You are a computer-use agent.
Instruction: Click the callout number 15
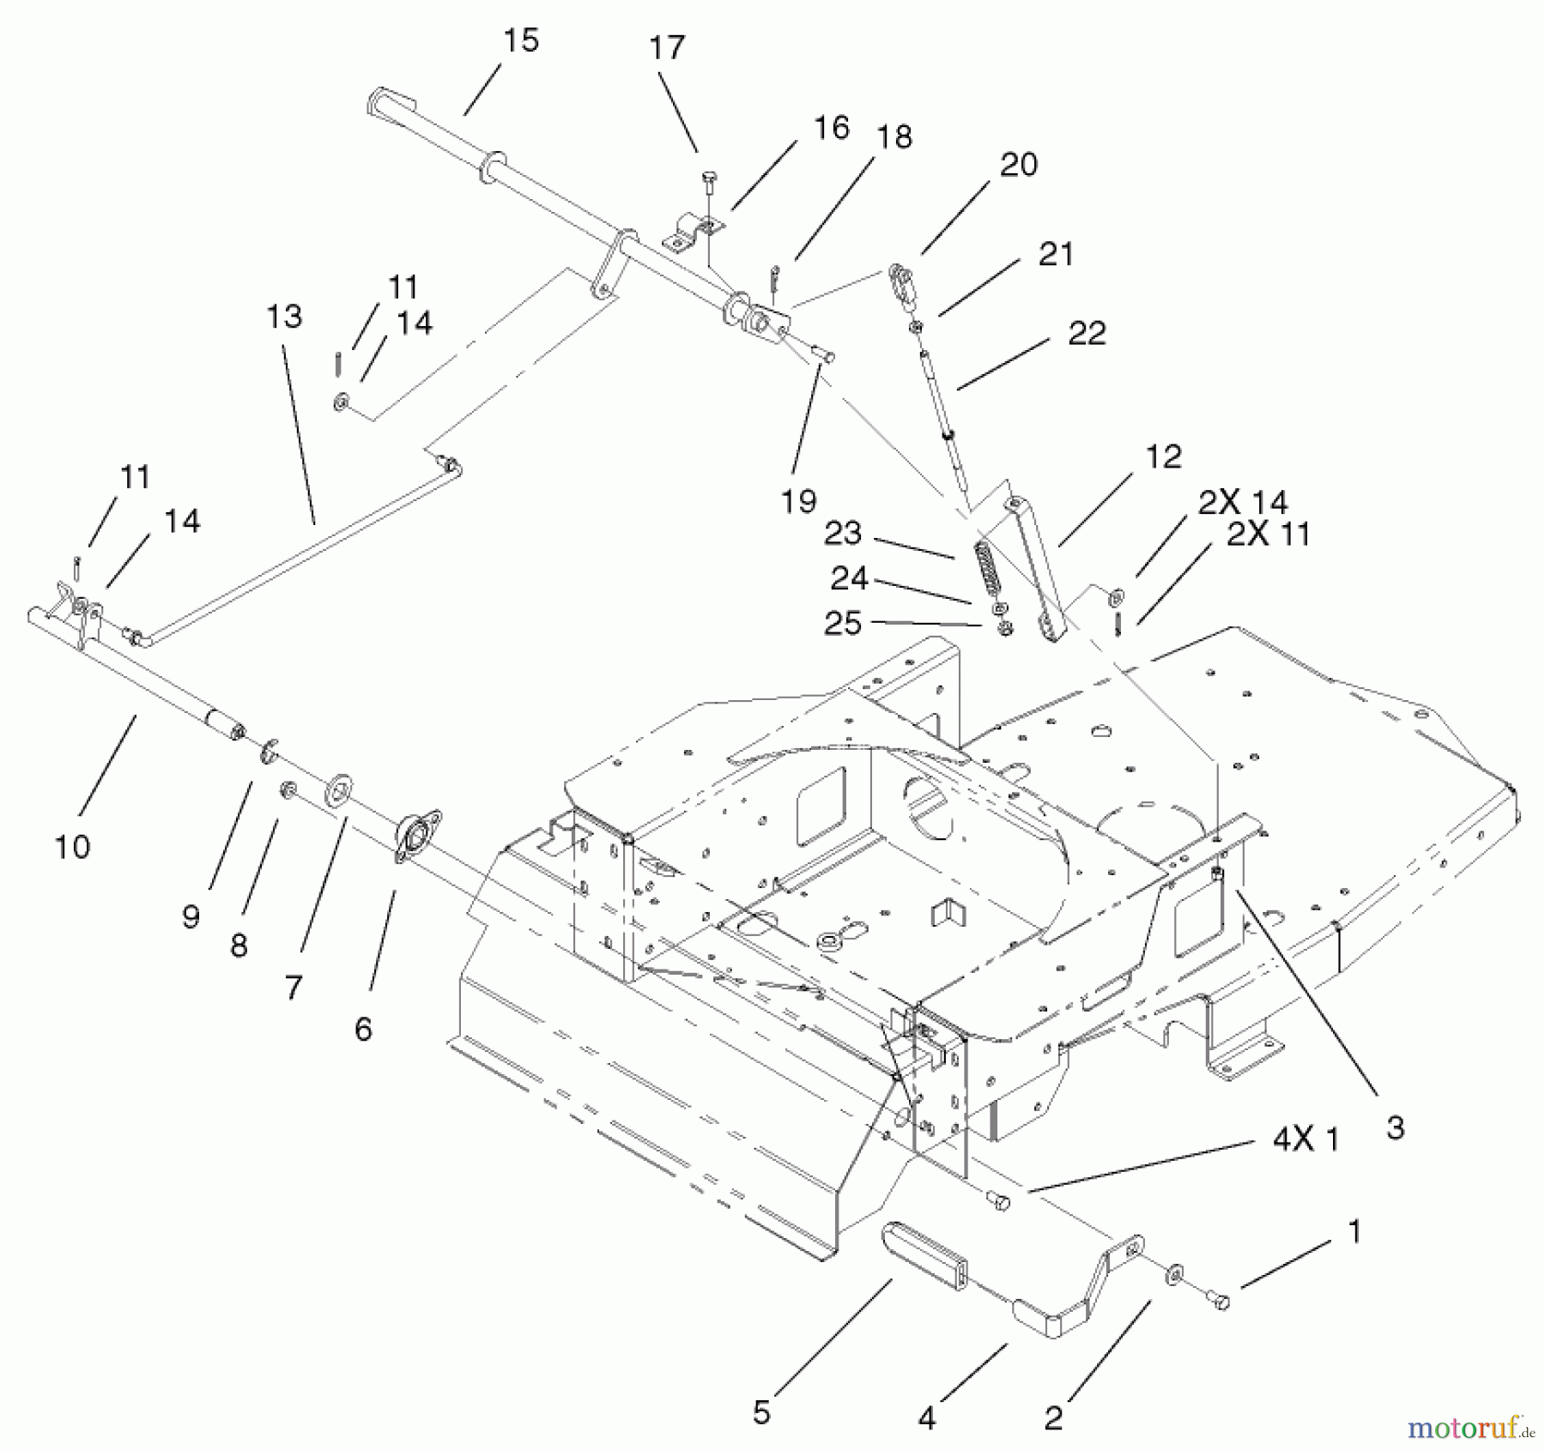521,41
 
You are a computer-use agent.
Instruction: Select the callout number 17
667,48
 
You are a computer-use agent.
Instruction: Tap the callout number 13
284,317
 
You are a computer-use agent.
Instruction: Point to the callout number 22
1086,334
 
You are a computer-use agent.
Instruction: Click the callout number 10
72,848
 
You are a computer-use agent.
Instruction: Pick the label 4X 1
1305,1140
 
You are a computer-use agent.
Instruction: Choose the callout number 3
1395,1127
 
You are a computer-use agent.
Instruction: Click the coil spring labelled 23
990,565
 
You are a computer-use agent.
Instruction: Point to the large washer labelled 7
340,788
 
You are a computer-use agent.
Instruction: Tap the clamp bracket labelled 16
694,233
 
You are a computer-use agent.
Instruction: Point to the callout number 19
798,501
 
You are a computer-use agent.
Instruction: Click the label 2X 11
1268,535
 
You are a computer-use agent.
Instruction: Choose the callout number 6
363,1029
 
